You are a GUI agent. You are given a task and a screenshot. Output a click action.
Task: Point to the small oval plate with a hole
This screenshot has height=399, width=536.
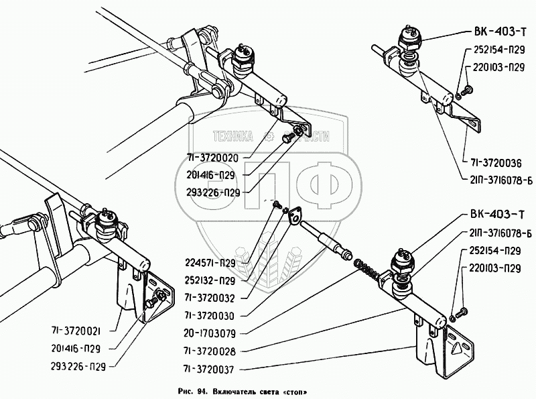point(292,214)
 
